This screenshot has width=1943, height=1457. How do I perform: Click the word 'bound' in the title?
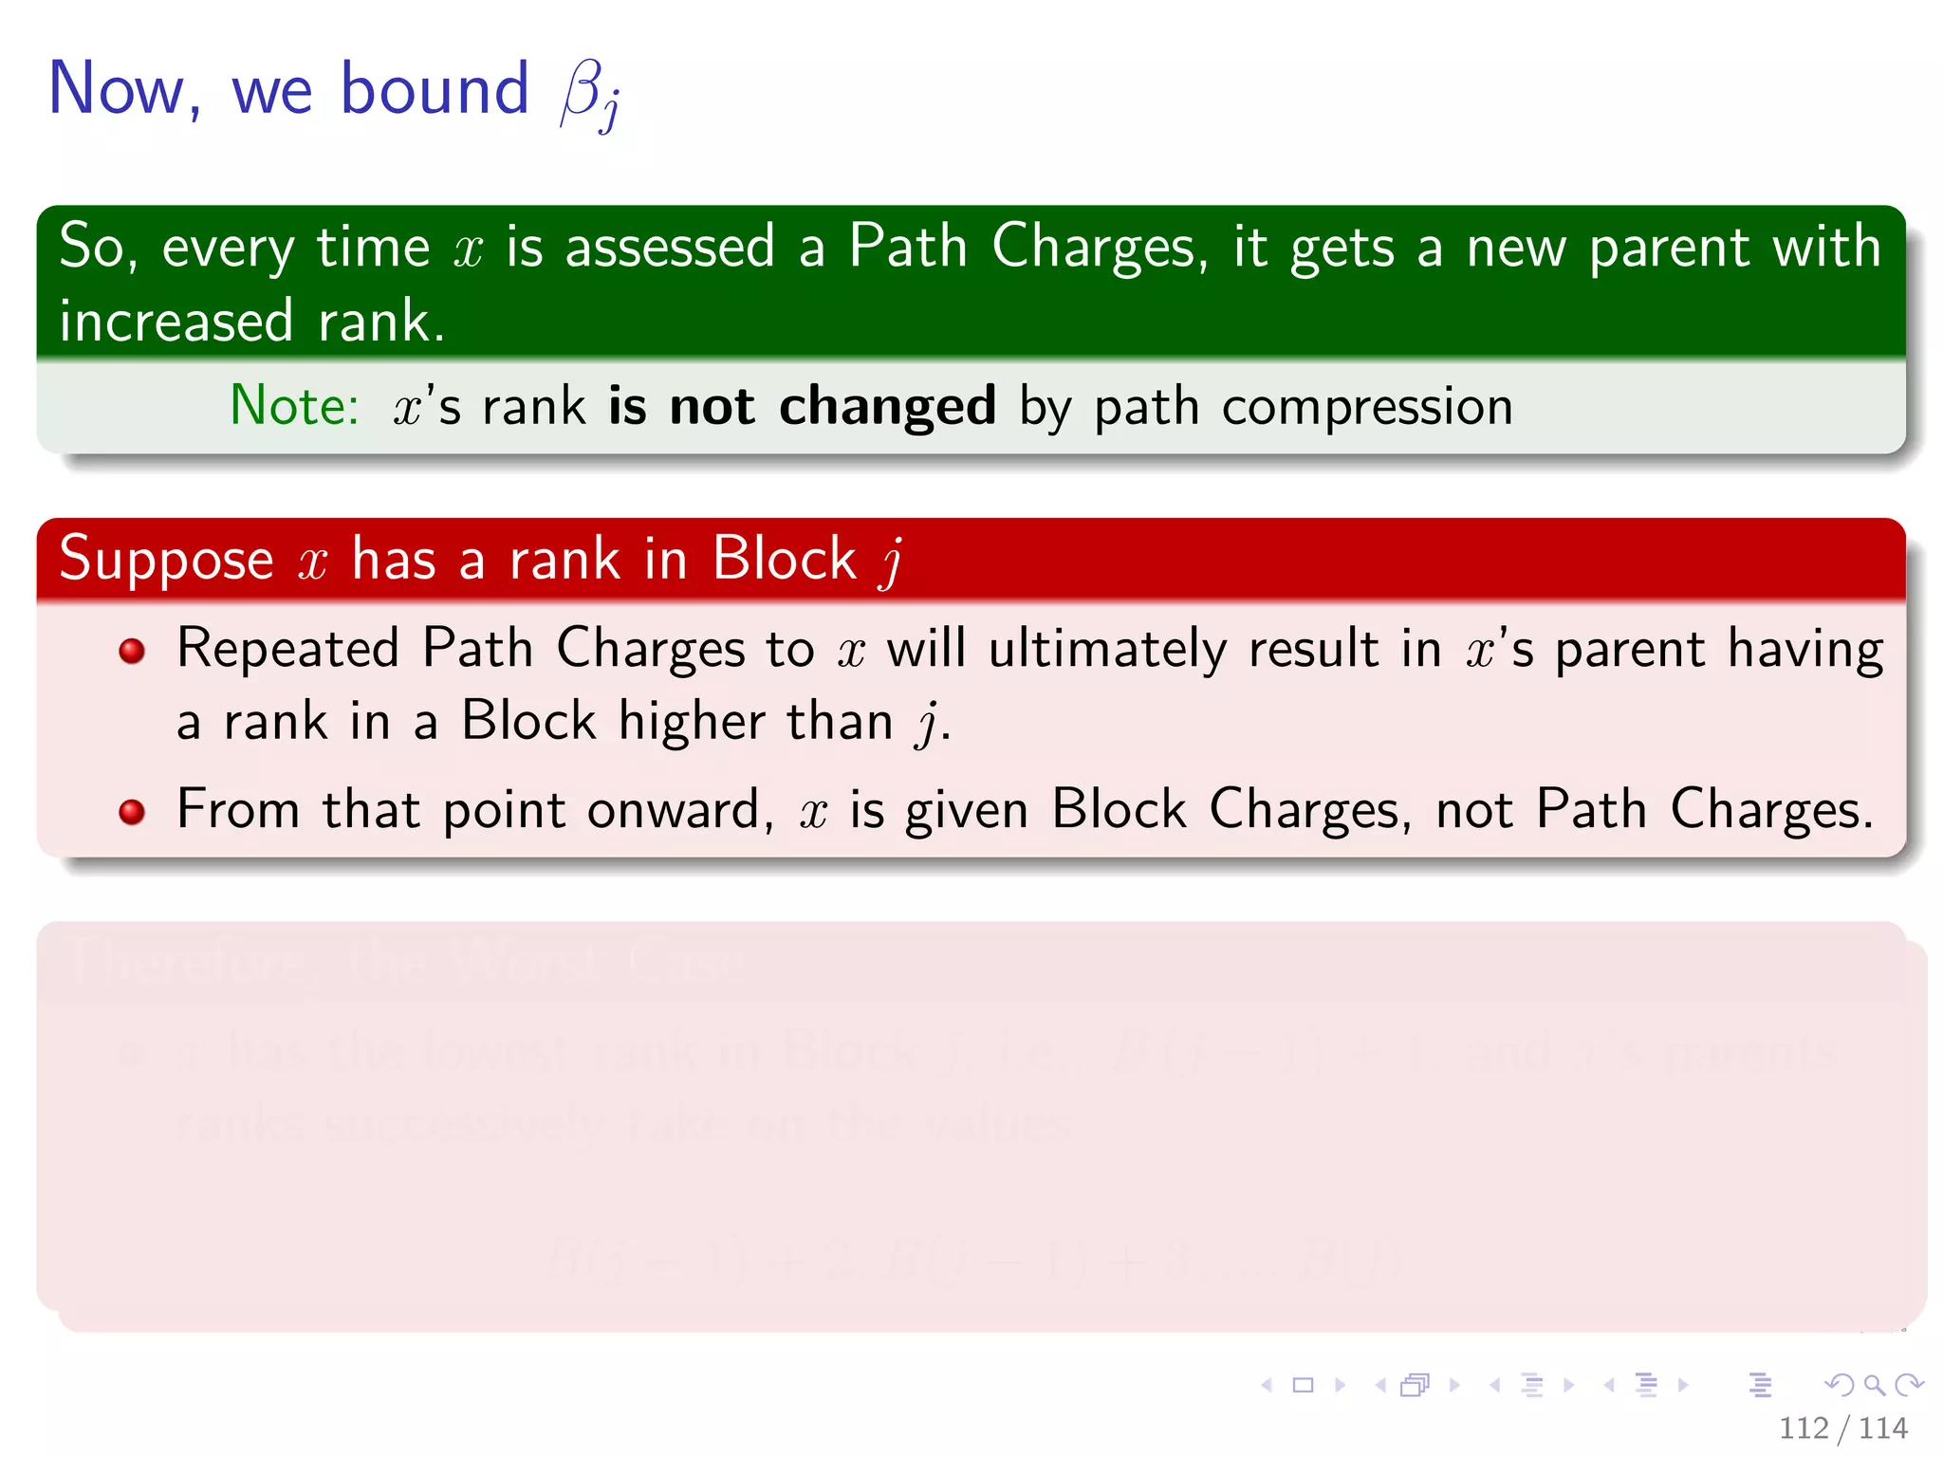[434, 89]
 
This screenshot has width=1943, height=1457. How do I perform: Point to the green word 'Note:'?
[294, 406]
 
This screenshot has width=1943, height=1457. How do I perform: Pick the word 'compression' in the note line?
[1366, 408]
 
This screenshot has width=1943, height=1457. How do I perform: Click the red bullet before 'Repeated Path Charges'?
[132, 651]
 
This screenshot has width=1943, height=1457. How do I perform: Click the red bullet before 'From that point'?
[132, 812]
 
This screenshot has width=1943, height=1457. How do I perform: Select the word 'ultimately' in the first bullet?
[1107, 650]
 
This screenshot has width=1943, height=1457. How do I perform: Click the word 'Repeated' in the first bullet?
[287, 650]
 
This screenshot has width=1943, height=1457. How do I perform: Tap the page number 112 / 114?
[1842, 1428]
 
